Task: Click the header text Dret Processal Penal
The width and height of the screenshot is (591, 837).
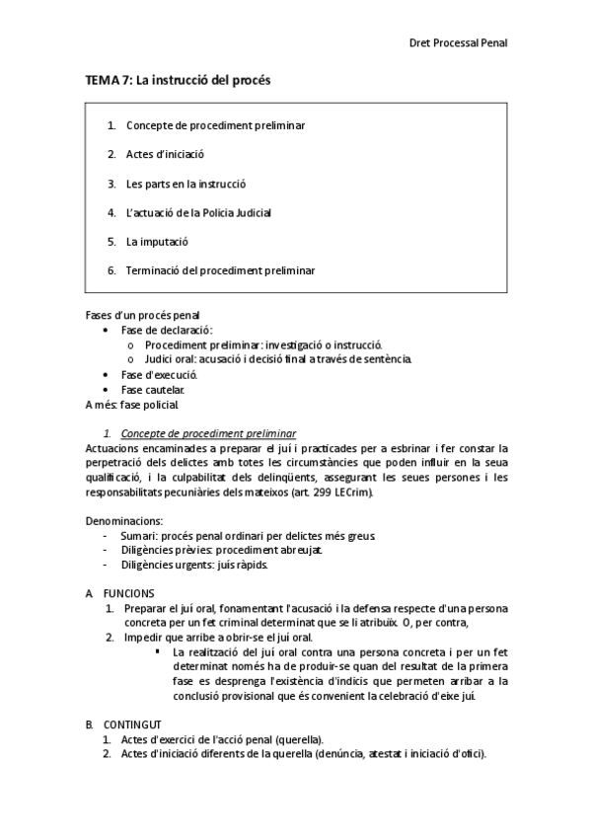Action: point(458,42)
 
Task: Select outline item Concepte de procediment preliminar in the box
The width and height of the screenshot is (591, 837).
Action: point(215,125)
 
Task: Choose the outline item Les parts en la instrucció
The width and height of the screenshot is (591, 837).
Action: point(185,184)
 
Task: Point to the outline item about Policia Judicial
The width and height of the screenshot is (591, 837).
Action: point(197,212)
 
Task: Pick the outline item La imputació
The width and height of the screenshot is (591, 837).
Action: point(157,241)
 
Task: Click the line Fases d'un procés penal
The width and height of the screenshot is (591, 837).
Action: point(135,316)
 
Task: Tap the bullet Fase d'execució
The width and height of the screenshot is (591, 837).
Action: point(159,375)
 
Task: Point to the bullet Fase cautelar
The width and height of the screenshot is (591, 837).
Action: point(152,390)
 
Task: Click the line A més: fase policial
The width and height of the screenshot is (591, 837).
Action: point(132,405)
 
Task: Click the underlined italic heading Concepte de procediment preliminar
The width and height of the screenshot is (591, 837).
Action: point(208,433)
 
